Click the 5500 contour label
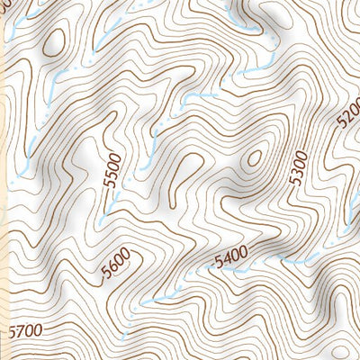(112, 172)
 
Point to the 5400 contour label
(231, 262)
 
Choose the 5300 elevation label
(299, 168)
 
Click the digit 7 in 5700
(16, 333)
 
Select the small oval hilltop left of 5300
(255, 158)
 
